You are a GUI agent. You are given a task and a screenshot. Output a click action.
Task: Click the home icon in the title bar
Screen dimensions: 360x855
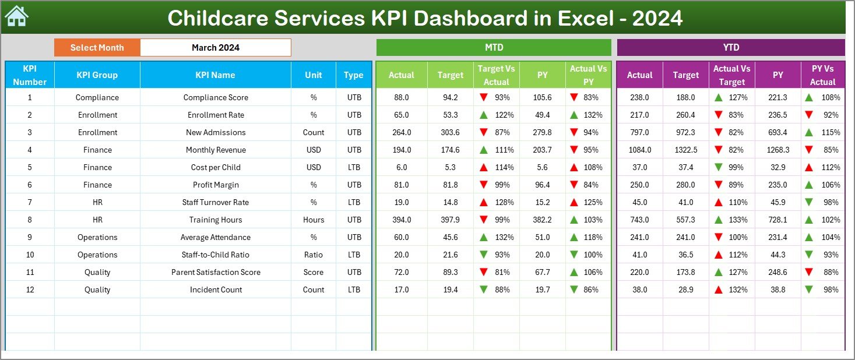[16, 17]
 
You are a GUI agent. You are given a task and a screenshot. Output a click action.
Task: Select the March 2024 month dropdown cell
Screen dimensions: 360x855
[215, 48]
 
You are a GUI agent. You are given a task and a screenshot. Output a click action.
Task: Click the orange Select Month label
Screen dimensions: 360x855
[97, 48]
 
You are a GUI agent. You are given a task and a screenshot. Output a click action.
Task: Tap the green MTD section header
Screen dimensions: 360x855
[494, 48]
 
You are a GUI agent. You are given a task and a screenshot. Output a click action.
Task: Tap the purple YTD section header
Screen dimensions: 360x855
[730, 48]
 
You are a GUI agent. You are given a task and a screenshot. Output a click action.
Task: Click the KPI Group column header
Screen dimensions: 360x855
[97, 75]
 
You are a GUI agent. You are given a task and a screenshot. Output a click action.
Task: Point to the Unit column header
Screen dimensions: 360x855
[314, 75]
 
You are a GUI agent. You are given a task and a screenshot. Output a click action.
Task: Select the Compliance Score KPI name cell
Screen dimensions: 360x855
[215, 97]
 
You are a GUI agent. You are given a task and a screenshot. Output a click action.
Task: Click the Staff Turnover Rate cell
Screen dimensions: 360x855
[215, 202]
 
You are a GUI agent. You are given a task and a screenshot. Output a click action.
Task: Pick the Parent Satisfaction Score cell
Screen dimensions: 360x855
[215, 272]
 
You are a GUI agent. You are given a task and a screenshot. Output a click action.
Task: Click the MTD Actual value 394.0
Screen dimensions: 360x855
[401, 220]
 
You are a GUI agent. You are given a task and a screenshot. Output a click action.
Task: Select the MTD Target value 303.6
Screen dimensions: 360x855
[450, 132]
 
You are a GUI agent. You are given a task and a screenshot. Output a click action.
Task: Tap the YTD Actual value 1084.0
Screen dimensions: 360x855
[639, 150]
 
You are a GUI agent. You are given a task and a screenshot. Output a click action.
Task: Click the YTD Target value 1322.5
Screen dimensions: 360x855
[685, 150]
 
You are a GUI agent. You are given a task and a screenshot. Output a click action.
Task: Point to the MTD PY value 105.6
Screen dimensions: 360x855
[542, 97]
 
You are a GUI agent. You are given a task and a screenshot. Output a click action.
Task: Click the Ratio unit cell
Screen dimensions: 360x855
[314, 255]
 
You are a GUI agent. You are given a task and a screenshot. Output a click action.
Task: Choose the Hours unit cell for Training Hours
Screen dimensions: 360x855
[314, 220]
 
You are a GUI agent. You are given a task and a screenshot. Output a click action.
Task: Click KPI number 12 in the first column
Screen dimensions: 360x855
[30, 290]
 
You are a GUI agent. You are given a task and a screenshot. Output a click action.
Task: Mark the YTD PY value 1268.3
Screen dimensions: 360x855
[777, 150]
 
